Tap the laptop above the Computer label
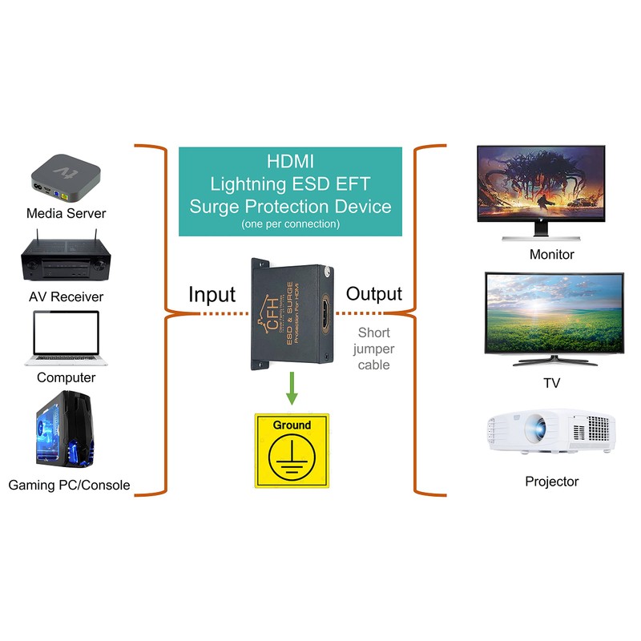tap(66, 337)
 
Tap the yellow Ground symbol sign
tap(292, 450)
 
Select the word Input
tap(212, 294)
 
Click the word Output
tap(374, 294)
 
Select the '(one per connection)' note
tap(290, 224)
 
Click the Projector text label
tap(551, 482)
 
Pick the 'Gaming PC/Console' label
tap(69, 485)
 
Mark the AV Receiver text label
tap(66, 296)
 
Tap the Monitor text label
tap(551, 255)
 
